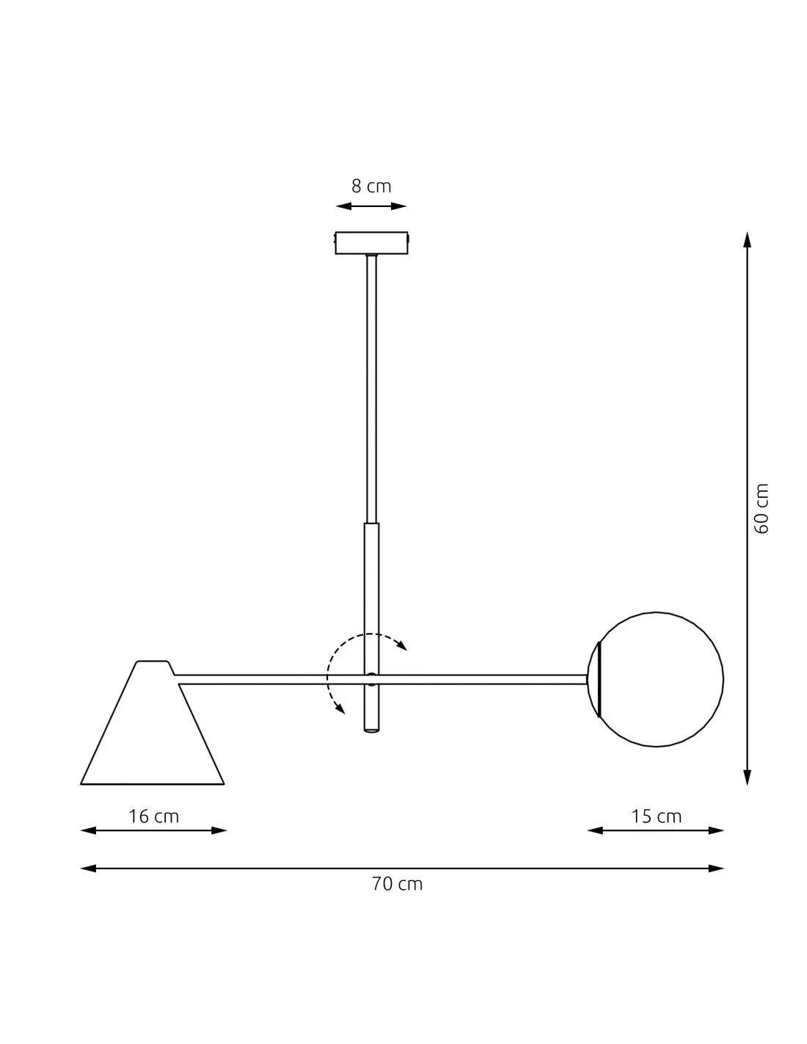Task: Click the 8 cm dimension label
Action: [371, 186]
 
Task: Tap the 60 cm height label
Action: [761, 508]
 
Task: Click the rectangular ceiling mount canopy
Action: [371, 242]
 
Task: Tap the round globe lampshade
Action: [656, 679]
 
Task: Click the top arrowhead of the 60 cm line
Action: [747, 240]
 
